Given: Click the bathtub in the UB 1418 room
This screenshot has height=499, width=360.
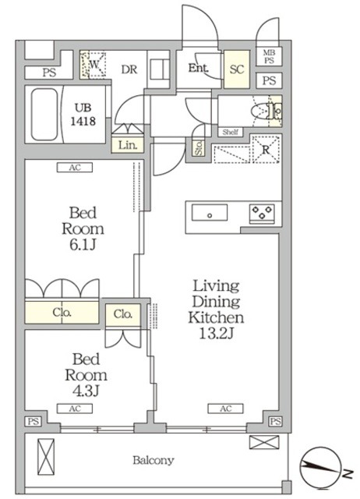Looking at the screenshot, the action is (44, 115).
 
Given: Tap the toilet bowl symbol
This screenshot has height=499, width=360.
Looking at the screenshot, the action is (259, 111).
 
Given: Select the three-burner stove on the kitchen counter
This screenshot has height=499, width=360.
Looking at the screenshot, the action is (262, 213).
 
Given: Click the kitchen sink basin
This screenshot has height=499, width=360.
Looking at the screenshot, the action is (210, 213).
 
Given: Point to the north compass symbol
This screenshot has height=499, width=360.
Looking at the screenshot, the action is (320, 468).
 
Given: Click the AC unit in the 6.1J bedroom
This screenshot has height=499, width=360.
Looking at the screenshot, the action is (75, 168).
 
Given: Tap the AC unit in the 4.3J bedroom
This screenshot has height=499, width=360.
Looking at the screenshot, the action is (75, 409).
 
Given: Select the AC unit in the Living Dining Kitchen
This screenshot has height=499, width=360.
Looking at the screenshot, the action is (225, 409).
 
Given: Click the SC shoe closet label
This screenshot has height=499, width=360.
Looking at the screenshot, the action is (237, 69).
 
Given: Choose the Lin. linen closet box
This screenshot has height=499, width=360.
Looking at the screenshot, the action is (128, 145).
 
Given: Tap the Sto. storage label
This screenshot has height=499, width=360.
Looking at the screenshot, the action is (199, 148).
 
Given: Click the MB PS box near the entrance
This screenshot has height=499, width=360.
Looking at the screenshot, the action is (269, 56).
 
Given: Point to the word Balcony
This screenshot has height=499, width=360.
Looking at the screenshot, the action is (154, 460).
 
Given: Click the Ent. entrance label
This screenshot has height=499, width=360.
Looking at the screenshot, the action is (199, 68).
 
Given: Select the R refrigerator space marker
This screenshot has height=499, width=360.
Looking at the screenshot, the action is (266, 149).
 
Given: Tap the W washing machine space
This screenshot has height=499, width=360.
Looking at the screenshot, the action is (94, 65).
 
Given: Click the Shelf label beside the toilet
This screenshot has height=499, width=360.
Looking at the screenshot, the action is (230, 132).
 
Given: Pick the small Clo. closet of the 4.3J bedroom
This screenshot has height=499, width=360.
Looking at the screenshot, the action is (123, 315).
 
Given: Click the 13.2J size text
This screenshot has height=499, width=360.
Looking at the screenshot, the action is (217, 333).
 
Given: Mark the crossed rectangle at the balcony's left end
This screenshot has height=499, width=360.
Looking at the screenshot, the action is (46, 457).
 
